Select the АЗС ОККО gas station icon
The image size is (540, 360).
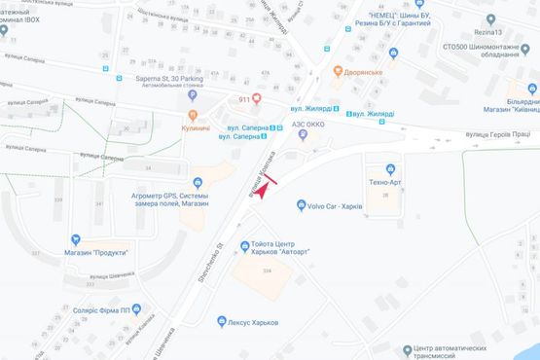pos(302,135)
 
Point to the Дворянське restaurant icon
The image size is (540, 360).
pos(337,71)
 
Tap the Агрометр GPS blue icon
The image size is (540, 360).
pos(198,182)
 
